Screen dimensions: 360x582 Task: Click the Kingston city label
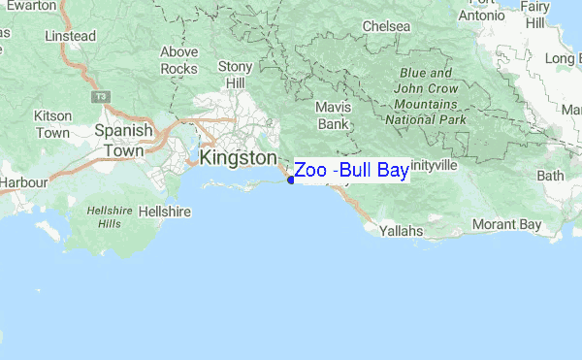pyautogui.click(x=237, y=157)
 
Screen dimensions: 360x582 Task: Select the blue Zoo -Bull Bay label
pyautogui.click(x=351, y=171)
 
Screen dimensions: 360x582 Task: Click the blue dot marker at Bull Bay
pyautogui.click(x=291, y=180)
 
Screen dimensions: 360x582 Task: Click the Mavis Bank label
pyautogui.click(x=332, y=116)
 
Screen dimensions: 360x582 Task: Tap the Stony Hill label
pyautogui.click(x=236, y=74)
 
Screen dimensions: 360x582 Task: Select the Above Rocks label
pyautogui.click(x=178, y=60)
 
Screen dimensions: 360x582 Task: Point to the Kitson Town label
pyautogui.click(x=52, y=123)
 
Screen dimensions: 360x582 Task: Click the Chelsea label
pyautogui.click(x=380, y=25)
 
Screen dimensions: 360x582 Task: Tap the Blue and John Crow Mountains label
pyautogui.click(x=422, y=96)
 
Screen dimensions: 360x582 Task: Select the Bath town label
pyautogui.click(x=550, y=177)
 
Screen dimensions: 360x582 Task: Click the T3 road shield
pyautogui.click(x=100, y=98)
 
